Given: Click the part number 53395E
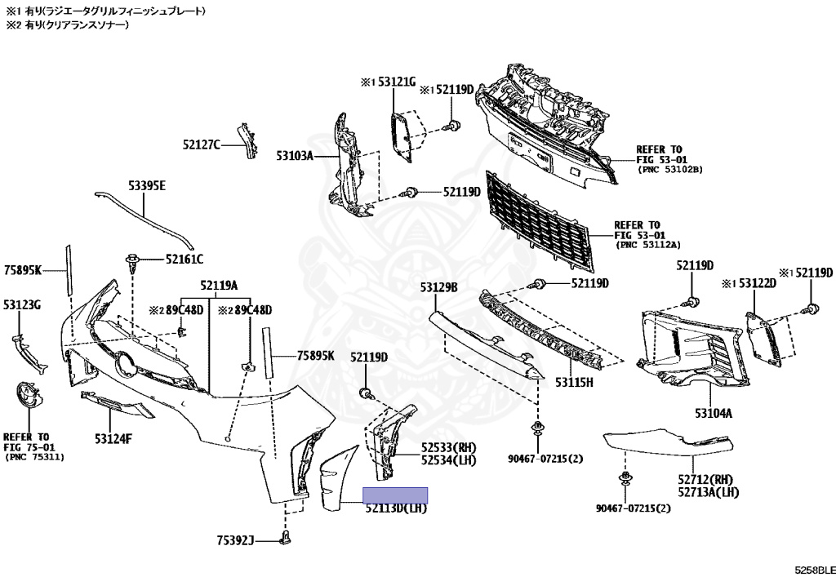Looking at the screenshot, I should pos(146,186).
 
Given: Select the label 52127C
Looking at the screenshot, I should pos(201,144).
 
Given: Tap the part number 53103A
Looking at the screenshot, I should pos(295,154).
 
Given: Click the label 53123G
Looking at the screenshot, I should pos(22,304).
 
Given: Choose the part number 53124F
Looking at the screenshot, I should pos(113,438).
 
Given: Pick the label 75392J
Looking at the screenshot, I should pos(236,539).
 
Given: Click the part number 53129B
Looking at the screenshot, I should pos(438,287).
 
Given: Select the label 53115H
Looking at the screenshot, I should pos(575,381).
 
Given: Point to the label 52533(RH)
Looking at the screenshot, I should pos(449,448).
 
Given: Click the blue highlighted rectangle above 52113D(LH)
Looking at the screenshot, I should pos(395,495).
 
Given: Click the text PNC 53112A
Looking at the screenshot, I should pos(648,244).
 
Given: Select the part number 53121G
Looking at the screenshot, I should pos(396,82).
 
